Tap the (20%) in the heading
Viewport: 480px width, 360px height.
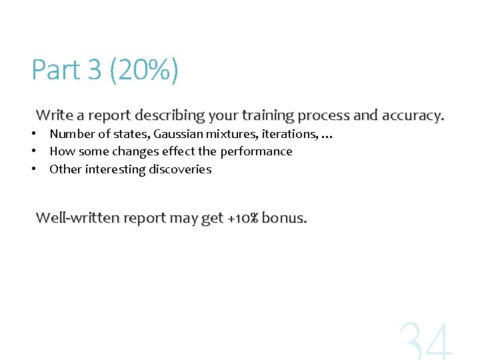[x=145, y=70]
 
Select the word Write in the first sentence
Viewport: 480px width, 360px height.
[x=55, y=115]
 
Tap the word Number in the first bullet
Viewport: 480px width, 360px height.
[x=72, y=134]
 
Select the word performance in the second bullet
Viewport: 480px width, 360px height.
[x=256, y=151]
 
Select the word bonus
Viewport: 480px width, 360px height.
[x=285, y=217]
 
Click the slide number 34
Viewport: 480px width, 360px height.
[x=425, y=341]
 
